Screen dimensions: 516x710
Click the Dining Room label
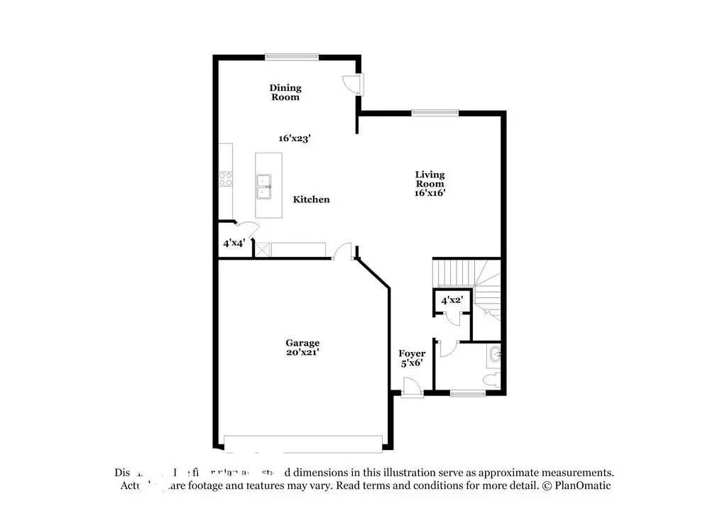coord(285,92)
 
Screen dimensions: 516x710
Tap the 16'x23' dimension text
coord(294,138)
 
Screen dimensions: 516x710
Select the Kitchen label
coord(311,199)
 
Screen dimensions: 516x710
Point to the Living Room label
coord(430,179)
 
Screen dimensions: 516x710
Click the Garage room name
coord(302,343)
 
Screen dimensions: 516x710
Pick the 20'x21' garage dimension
coord(302,352)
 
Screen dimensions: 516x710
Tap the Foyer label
coord(412,353)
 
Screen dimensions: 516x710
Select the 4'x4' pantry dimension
coord(234,243)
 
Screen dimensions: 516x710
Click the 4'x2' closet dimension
coord(452,300)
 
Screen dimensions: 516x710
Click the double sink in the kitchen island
coord(264,186)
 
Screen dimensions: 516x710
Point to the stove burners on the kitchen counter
coord(226,180)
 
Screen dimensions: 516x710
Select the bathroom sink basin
coord(496,353)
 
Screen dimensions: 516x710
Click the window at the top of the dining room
coord(292,57)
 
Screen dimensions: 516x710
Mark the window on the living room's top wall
coord(435,111)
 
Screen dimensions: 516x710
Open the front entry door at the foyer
coord(411,389)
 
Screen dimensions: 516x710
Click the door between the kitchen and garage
coord(343,251)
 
